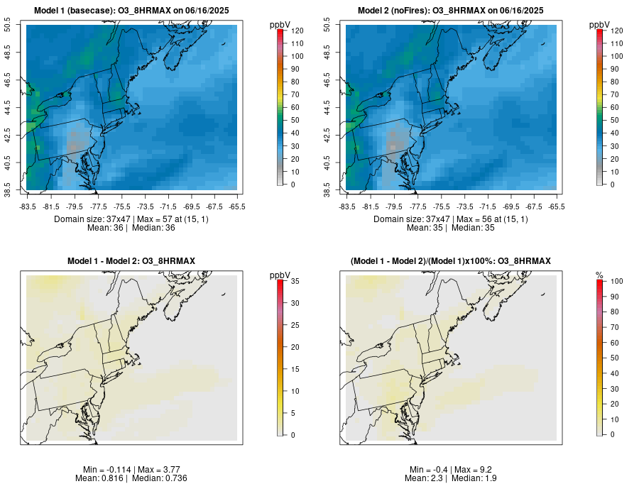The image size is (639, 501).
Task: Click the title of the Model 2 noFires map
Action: point(450,11)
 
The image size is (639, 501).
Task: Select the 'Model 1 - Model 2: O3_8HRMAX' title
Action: point(131,262)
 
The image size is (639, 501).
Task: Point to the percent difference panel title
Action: point(450,262)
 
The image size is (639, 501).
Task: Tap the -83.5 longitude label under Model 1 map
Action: point(28,207)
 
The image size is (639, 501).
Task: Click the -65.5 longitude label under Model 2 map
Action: point(557,207)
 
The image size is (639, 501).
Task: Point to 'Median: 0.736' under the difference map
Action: point(157,478)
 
